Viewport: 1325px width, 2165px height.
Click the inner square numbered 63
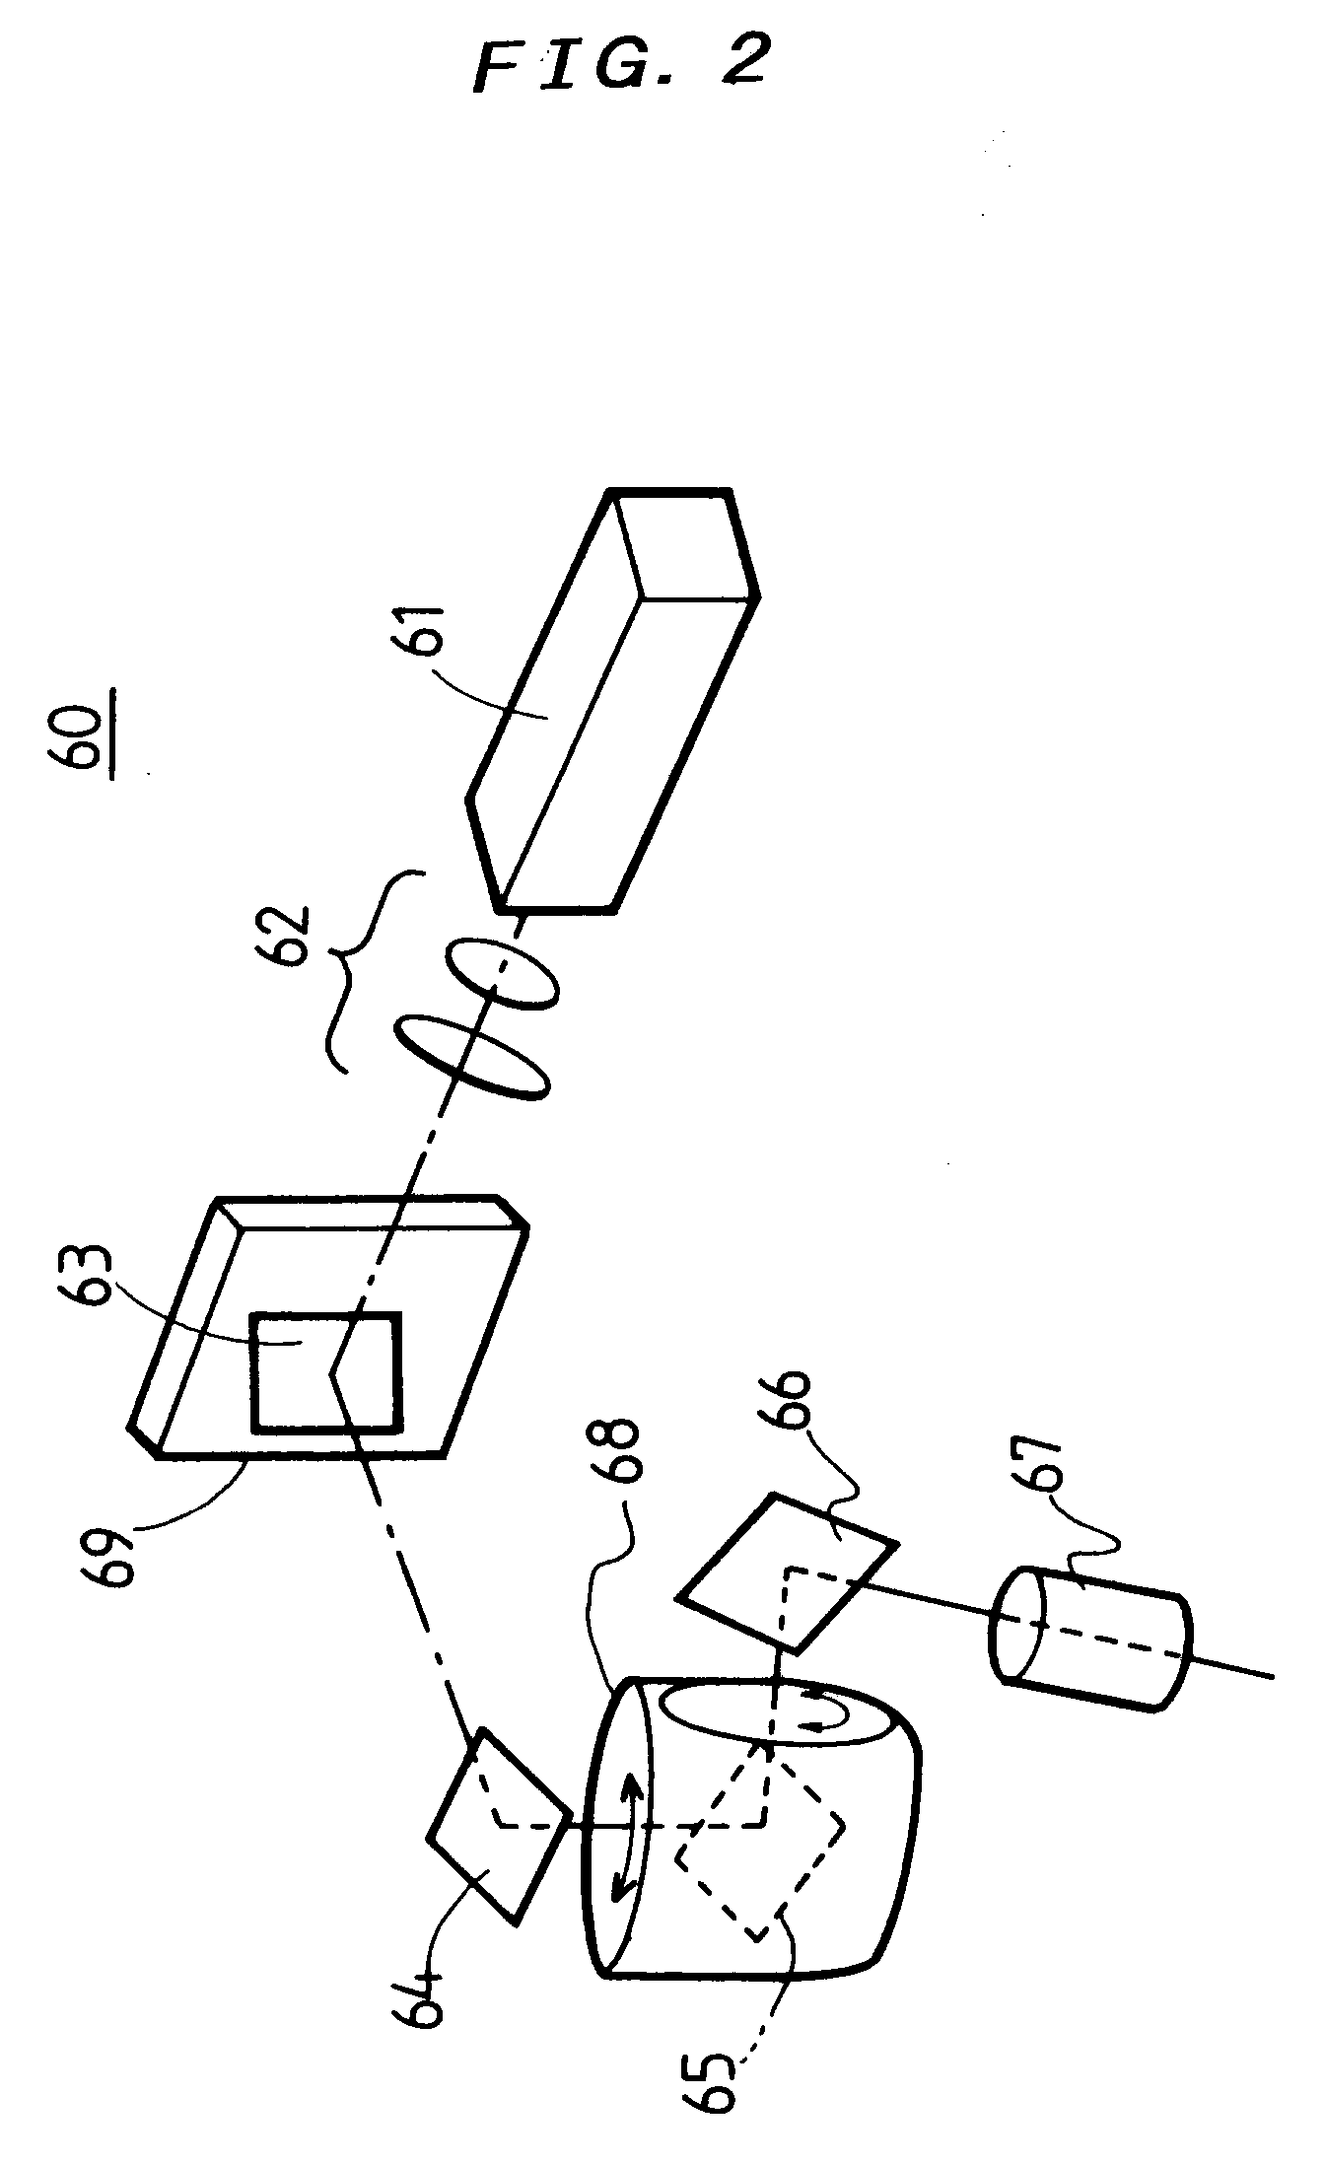pos(327,1370)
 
